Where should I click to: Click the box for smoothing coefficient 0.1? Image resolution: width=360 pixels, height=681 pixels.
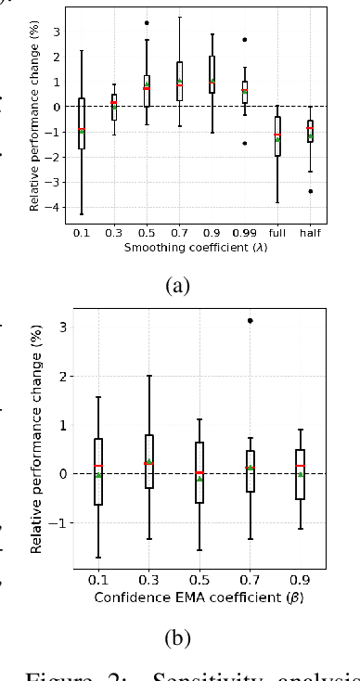[82, 123]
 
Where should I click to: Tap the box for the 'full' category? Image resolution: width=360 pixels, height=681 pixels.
[277, 136]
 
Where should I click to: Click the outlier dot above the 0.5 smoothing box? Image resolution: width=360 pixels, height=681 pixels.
[147, 22]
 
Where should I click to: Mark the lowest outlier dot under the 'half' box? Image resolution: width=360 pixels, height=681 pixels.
[310, 191]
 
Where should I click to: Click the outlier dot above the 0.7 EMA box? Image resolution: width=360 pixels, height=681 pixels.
[251, 321]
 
